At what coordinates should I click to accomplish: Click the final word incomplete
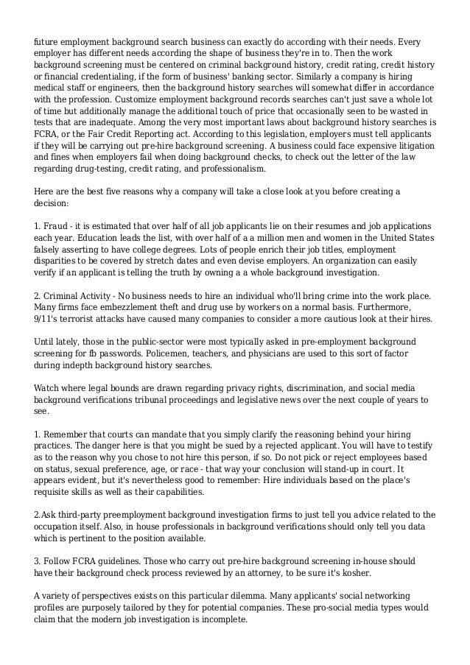(225, 620)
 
